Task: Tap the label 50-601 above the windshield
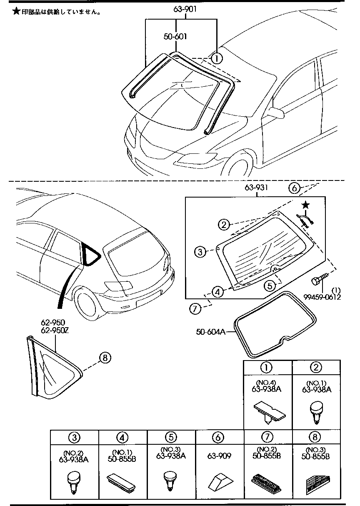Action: (x=175, y=37)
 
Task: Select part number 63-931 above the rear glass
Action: (x=255, y=188)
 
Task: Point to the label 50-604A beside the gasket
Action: (x=210, y=332)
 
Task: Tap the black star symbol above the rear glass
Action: (x=306, y=205)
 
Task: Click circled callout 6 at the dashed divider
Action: (x=294, y=188)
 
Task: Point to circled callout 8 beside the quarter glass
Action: (x=105, y=357)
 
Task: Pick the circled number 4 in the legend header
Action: (x=123, y=438)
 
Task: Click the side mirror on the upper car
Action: (x=277, y=112)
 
